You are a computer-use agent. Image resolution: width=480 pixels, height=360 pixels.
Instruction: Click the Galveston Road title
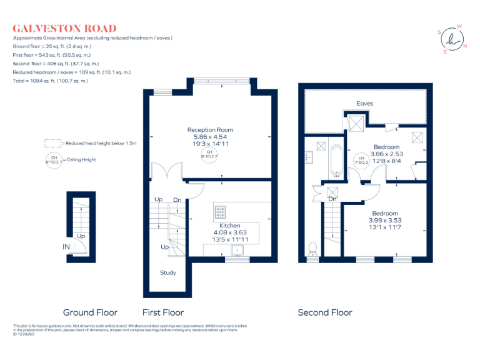65,28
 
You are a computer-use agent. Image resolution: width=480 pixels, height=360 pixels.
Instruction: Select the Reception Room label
210,129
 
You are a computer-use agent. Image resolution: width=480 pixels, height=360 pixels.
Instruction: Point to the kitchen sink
238,251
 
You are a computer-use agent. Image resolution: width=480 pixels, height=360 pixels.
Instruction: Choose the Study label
168,272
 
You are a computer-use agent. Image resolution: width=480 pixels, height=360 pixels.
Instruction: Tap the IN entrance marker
66,247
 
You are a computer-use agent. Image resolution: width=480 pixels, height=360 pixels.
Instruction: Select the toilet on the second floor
312,249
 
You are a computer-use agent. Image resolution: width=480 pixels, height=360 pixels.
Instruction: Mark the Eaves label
365,103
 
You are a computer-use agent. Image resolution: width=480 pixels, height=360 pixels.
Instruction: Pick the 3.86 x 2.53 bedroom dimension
386,154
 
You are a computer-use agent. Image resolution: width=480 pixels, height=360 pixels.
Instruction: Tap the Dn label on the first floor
177,199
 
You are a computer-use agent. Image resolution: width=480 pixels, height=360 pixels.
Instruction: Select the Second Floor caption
324,312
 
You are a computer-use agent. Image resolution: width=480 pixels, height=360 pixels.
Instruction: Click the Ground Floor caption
90,312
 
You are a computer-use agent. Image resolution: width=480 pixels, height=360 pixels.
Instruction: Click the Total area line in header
51,81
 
